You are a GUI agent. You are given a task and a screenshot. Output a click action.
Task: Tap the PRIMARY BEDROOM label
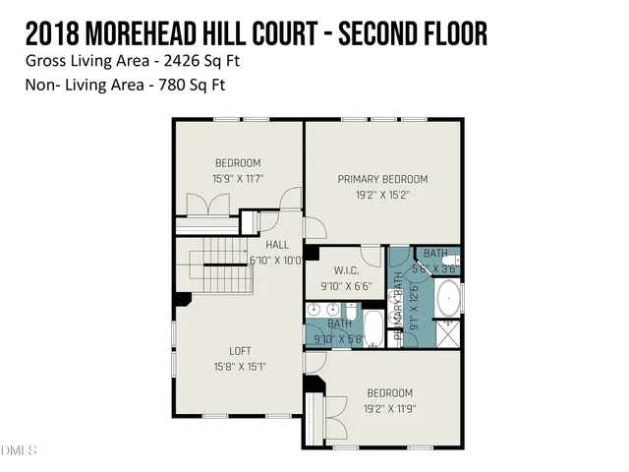[x=382, y=179]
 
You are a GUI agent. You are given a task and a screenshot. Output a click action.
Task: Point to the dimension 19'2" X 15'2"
[x=382, y=195]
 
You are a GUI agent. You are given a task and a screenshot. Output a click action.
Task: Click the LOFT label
[x=240, y=351]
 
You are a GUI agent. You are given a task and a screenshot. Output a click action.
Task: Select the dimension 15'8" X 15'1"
[x=240, y=367]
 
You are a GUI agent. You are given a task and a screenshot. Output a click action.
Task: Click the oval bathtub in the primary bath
[x=447, y=297]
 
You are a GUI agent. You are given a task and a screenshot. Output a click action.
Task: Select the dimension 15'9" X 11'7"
[x=237, y=178]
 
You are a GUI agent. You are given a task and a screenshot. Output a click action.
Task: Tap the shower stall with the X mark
[x=447, y=331]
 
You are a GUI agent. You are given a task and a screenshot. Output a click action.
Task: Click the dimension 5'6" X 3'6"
[x=434, y=267]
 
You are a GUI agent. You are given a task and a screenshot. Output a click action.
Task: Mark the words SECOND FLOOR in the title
[x=413, y=34]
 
